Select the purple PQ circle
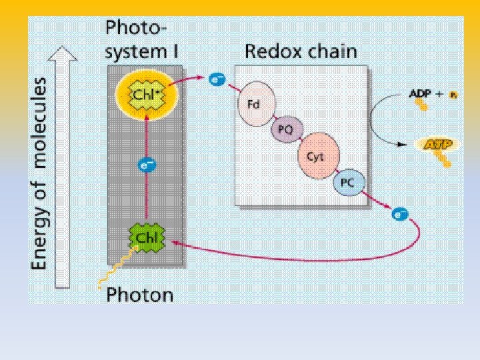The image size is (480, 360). (285, 130)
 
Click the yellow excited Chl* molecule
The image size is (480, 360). (147, 95)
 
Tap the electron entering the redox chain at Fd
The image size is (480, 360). (217, 80)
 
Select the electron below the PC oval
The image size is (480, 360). (399, 214)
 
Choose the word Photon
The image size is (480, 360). (139, 294)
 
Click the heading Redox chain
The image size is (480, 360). (301, 51)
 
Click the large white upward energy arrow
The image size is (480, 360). (62, 167)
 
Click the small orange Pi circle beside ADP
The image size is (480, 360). (453, 95)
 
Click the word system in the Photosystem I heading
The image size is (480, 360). (130, 51)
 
